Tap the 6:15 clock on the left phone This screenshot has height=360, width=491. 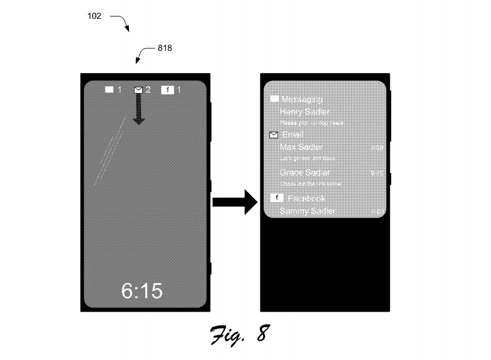point(142,291)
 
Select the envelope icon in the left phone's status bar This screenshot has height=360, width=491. point(139,90)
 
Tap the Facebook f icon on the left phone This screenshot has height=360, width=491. point(168,90)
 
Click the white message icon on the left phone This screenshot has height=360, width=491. point(110,90)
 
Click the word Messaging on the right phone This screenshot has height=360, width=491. point(302,99)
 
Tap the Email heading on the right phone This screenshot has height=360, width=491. point(293,135)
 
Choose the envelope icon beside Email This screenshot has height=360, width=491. point(274,135)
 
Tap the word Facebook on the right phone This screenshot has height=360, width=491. point(306,198)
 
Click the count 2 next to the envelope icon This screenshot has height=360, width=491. point(148,90)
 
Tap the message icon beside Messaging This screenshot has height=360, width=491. point(274,99)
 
